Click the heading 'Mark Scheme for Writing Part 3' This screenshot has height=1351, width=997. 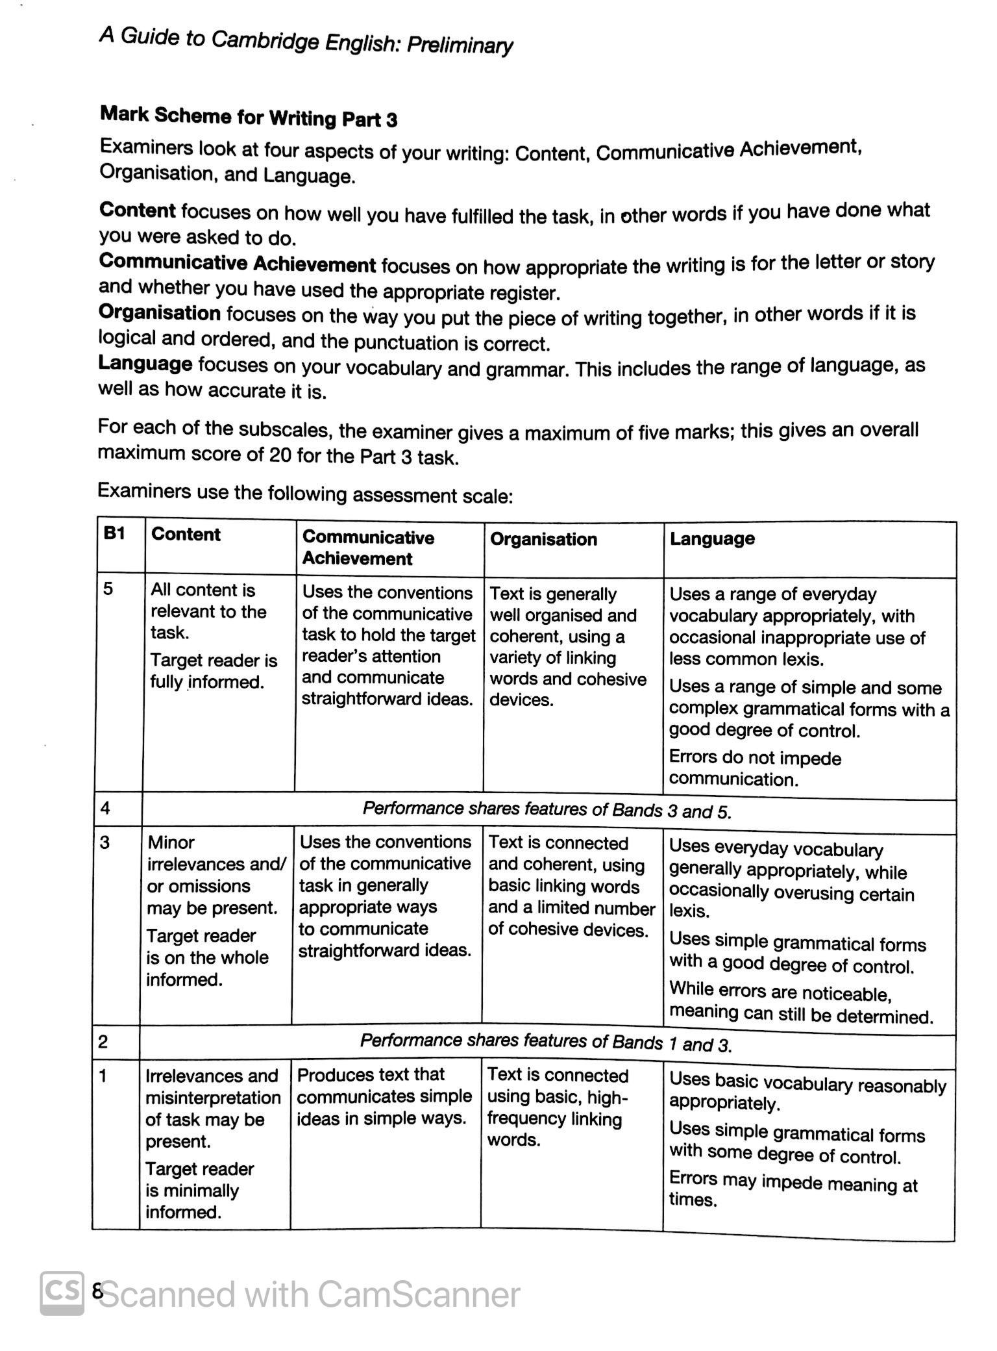(249, 117)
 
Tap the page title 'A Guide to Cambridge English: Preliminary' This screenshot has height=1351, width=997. (306, 41)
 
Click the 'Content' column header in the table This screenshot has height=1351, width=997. (186, 535)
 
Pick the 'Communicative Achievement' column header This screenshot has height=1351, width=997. (368, 548)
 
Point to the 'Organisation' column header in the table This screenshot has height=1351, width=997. (543, 539)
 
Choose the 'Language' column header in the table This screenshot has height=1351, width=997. (712, 538)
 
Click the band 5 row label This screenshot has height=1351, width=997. (108, 588)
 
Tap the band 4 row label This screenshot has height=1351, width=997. (105, 808)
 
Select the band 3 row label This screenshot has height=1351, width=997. (105, 842)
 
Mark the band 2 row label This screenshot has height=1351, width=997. (103, 1042)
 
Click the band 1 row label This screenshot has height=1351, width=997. (103, 1076)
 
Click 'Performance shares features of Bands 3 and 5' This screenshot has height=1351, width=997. (547, 810)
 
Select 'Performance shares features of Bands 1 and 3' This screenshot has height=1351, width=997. (545, 1043)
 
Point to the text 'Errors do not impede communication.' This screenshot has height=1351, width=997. (755, 768)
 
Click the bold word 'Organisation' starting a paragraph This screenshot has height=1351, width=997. (160, 313)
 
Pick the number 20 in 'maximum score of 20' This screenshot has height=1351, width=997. (280, 455)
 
